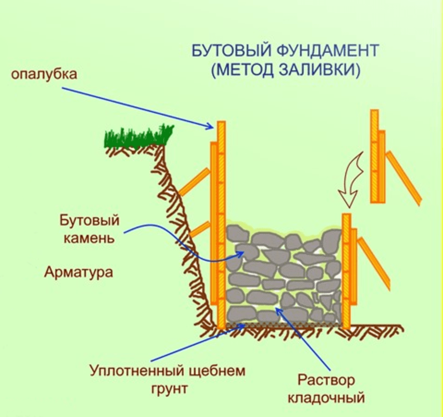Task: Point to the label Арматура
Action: [78, 272]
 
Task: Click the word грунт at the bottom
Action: [169, 387]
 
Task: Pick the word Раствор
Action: [326, 380]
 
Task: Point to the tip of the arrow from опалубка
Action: [213, 127]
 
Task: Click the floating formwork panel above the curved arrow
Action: [377, 157]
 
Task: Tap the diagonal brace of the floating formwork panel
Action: [403, 178]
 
